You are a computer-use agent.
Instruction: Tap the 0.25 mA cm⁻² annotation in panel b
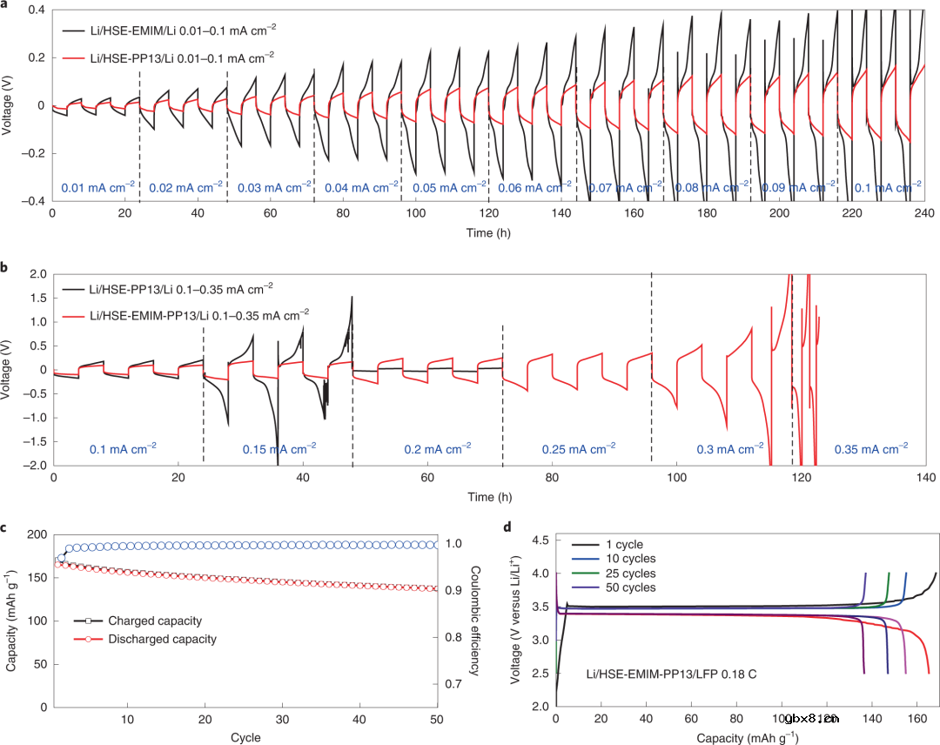pos(577,448)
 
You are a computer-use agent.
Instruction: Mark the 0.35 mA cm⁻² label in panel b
pos(870,448)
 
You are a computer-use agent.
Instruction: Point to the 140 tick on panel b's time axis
pos(926,478)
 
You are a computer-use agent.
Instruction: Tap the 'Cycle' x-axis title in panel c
pos(245,738)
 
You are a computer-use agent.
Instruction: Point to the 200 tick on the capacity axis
pos(33,534)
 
